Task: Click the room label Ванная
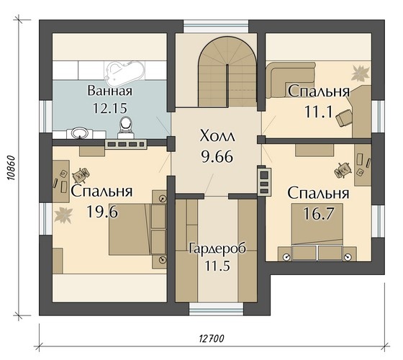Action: click(x=110, y=91)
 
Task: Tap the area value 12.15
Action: click(x=110, y=108)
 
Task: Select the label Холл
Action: click(x=217, y=136)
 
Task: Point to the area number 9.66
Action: click(x=217, y=157)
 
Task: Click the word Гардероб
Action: click(x=217, y=248)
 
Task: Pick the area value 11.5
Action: click(x=217, y=266)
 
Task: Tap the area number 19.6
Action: click(x=102, y=212)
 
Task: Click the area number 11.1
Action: click(x=318, y=112)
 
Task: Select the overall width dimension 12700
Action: click(x=212, y=338)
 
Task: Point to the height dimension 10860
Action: click(x=11, y=168)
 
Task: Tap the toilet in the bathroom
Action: click(x=126, y=127)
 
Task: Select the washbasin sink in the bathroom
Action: click(x=79, y=133)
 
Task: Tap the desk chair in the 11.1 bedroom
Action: click(x=344, y=117)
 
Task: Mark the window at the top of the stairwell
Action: click(x=216, y=27)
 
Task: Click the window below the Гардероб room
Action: click(x=216, y=309)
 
